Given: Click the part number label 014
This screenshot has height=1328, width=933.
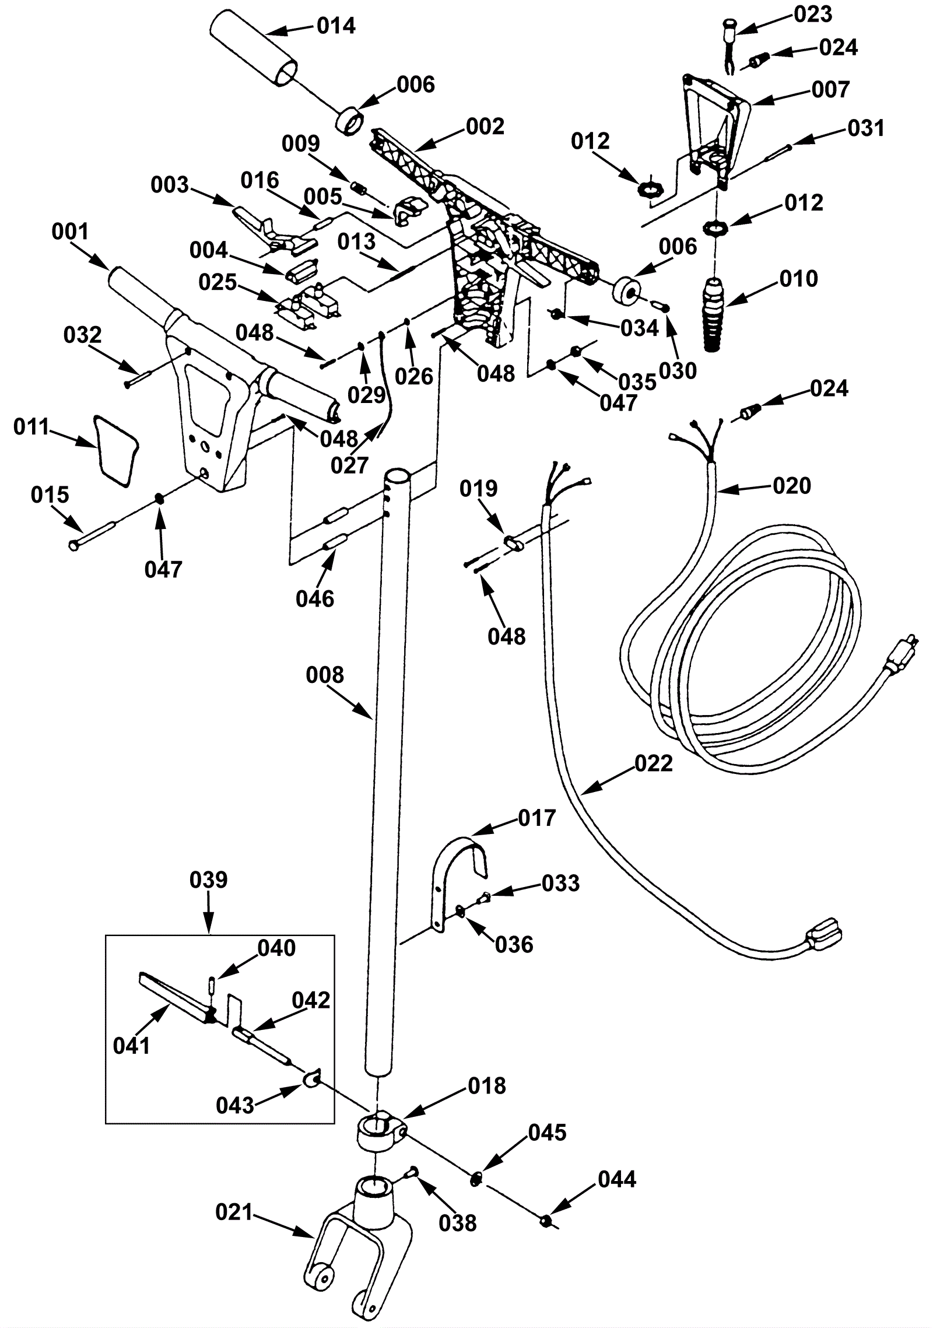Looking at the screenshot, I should pos(336,26).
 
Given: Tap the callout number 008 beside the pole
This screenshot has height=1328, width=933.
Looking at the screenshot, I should pos(325,675).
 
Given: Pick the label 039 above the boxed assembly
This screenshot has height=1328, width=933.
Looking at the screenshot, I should pos(208,880).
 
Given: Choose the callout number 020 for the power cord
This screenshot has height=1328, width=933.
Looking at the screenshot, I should pos(792,485).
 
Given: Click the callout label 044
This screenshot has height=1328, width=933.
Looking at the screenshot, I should pos(617,1179).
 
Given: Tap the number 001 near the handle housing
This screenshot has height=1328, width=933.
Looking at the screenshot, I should pos(70,232).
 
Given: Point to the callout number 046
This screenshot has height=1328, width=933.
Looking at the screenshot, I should pos(315,598).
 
